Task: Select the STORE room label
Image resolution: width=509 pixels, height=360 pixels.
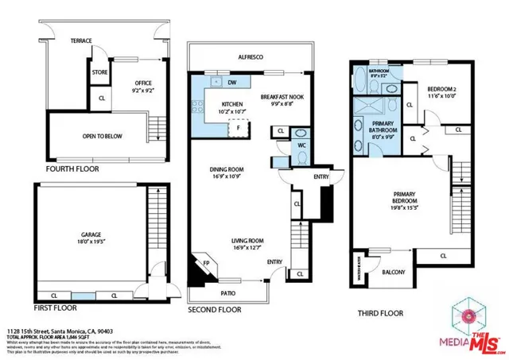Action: [x=99, y=72]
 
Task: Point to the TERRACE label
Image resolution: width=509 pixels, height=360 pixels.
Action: [x=82, y=40]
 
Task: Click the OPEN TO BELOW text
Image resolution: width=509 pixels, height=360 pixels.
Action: [x=103, y=136]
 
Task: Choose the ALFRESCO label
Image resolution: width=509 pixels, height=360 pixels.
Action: [x=251, y=57]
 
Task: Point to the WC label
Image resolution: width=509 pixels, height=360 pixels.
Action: [x=301, y=145]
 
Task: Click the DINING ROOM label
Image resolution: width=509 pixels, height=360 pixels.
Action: [x=226, y=169]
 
